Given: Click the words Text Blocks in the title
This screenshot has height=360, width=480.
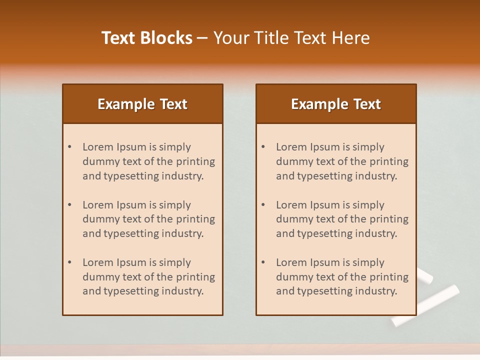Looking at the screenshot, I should [146, 38].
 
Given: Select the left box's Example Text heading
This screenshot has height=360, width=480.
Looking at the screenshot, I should [142, 104].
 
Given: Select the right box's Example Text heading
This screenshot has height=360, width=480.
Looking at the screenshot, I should [336, 104].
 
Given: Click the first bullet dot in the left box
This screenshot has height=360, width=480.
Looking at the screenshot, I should [70, 147].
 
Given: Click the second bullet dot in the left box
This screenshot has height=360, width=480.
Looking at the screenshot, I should [70, 205].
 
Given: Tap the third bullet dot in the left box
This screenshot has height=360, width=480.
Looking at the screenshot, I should [70, 262].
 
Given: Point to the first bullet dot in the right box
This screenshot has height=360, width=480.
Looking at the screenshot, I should [263, 147].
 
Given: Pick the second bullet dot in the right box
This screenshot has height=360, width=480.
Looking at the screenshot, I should [263, 205].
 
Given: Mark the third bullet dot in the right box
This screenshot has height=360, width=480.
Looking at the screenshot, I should [263, 262].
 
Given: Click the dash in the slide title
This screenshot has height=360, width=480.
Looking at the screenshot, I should [202, 38].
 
